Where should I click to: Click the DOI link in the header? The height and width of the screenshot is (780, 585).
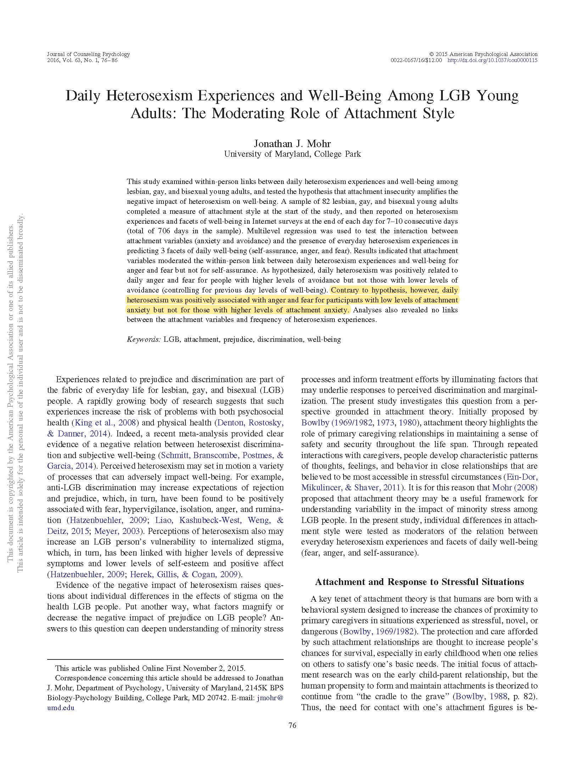(492, 60)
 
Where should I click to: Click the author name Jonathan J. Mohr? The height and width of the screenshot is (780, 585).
(292, 144)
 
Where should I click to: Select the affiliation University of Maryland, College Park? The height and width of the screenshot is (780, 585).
(292, 154)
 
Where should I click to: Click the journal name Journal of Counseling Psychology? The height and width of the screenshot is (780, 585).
(88, 54)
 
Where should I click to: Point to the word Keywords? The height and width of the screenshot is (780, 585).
(144, 339)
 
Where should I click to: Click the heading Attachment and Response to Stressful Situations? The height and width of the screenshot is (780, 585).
(419, 582)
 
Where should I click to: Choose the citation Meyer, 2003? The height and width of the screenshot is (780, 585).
(117, 531)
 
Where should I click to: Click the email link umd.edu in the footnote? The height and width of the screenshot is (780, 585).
(61, 708)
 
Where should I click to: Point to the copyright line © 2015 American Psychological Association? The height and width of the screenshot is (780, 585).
(484, 54)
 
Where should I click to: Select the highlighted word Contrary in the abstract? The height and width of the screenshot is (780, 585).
(345, 290)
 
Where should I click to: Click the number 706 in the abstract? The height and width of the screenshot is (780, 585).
(164, 231)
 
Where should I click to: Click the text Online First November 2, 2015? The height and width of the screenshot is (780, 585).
(193, 668)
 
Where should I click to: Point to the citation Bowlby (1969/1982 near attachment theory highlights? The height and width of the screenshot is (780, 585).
(336, 423)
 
